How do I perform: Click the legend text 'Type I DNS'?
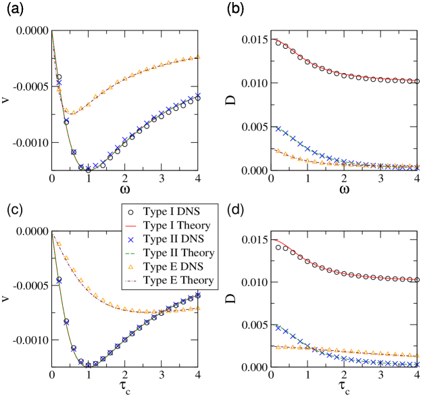171,212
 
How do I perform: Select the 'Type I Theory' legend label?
176,225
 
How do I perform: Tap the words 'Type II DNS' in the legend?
173,239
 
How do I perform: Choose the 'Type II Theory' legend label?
178,253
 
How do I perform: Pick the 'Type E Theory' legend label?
178,280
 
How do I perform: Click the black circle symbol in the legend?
131,212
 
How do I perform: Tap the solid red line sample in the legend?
131,225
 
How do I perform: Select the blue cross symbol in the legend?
131,239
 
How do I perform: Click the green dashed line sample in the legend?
131,253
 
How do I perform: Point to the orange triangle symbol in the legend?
131,266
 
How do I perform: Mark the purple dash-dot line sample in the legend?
131,280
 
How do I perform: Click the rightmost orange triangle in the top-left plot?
198,57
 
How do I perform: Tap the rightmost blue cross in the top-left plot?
198,95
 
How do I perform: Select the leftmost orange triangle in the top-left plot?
59,89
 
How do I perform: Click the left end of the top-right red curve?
272,40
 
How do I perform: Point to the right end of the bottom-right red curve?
418,279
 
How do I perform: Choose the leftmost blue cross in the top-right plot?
277,129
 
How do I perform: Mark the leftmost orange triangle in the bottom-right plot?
277,347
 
